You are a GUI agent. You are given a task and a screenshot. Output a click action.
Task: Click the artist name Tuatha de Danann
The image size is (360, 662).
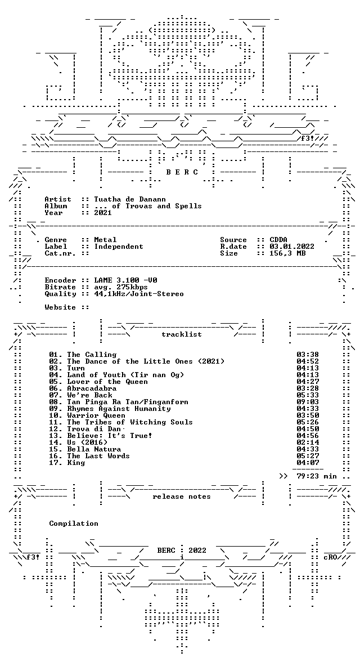point(129,199)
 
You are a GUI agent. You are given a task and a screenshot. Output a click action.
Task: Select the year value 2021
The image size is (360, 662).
point(103,213)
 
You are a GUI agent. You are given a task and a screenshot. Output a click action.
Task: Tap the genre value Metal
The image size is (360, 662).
point(105,240)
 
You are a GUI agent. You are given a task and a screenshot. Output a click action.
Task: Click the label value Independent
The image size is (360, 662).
point(119,247)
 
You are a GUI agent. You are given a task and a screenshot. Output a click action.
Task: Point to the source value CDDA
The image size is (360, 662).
point(278,240)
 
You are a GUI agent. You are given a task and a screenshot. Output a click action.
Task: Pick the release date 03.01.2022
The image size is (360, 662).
point(292,247)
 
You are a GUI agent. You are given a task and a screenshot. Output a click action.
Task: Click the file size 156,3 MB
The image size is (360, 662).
point(287,253)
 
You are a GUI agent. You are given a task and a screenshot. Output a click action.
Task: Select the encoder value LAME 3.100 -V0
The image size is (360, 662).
point(125,280)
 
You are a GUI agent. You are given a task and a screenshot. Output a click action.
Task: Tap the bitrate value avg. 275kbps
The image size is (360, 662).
point(121,287)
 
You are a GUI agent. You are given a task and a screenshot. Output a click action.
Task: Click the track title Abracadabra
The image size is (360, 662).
point(92,388)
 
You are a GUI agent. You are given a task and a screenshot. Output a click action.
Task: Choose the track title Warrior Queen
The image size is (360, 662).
point(96,415)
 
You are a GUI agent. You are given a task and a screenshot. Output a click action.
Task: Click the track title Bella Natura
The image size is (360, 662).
point(94,449)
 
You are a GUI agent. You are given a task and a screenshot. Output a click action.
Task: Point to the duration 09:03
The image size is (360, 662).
point(308,402)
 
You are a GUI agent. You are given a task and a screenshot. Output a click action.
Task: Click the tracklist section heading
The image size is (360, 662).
point(182,334)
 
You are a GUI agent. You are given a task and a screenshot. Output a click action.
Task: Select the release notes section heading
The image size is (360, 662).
point(182,496)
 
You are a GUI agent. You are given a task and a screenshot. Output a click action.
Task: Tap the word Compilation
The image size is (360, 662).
point(74,524)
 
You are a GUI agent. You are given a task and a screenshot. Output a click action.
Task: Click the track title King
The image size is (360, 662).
point(76,463)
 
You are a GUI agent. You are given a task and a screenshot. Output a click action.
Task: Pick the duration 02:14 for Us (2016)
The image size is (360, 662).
point(308,442)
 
